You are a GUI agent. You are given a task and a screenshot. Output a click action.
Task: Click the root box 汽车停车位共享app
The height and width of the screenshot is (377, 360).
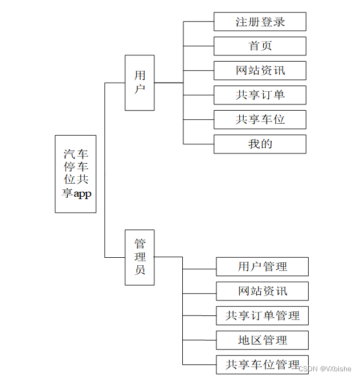click(x=75, y=173)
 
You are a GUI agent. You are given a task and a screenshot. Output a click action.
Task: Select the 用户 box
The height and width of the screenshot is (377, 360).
click(x=140, y=82)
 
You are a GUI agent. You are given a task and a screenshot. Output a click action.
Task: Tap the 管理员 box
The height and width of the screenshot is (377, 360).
click(x=140, y=257)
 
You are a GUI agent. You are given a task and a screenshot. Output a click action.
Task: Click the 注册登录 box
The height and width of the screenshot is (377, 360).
click(x=260, y=22)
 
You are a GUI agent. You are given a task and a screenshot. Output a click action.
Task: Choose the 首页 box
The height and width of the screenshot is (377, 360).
click(x=260, y=46)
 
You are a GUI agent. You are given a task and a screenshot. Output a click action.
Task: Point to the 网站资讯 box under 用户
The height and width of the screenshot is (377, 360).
click(x=260, y=71)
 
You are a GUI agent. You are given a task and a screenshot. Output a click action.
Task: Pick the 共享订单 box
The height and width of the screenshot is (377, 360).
click(x=260, y=95)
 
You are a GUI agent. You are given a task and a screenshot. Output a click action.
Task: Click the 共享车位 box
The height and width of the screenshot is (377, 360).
click(x=260, y=119)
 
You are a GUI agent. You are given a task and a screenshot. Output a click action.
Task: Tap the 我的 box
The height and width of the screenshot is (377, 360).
click(x=260, y=144)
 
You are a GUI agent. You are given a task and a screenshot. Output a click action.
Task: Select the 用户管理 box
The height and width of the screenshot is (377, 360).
click(x=262, y=266)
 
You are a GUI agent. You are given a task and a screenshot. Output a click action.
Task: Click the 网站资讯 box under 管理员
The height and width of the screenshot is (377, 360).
click(x=262, y=291)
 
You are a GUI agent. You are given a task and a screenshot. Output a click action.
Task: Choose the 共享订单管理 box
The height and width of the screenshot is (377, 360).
click(x=262, y=315)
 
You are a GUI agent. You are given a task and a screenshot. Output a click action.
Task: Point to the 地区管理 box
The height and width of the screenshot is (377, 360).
click(x=262, y=340)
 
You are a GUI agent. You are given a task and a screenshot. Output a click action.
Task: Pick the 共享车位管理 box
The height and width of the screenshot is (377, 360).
click(x=262, y=364)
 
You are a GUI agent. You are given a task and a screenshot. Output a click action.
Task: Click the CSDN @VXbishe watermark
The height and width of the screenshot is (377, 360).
click(x=325, y=369)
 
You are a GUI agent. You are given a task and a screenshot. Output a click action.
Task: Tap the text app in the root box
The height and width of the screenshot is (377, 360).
click(x=82, y=193)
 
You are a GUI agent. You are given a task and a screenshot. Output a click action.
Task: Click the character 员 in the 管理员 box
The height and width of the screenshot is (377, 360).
click(x=140, y=270)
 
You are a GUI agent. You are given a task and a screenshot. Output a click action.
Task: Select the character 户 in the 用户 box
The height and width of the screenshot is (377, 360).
click(x=140, y=89)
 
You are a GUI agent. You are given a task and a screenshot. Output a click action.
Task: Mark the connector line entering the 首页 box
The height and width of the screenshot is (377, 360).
click(x=198, y=46)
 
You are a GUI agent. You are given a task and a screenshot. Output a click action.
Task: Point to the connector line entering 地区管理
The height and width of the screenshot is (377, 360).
click(x=199, y=340)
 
